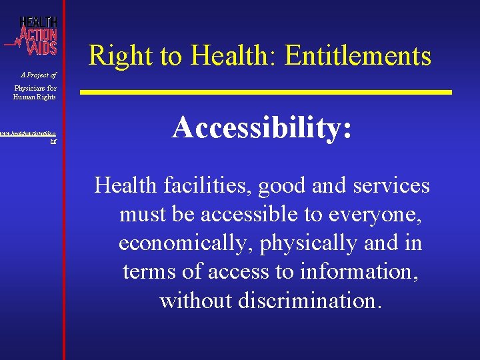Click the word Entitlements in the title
(x=358, y=56)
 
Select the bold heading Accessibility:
(x=261, y=127)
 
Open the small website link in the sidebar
(x=32, y=137)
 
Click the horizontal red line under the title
(x=267, y=91)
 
